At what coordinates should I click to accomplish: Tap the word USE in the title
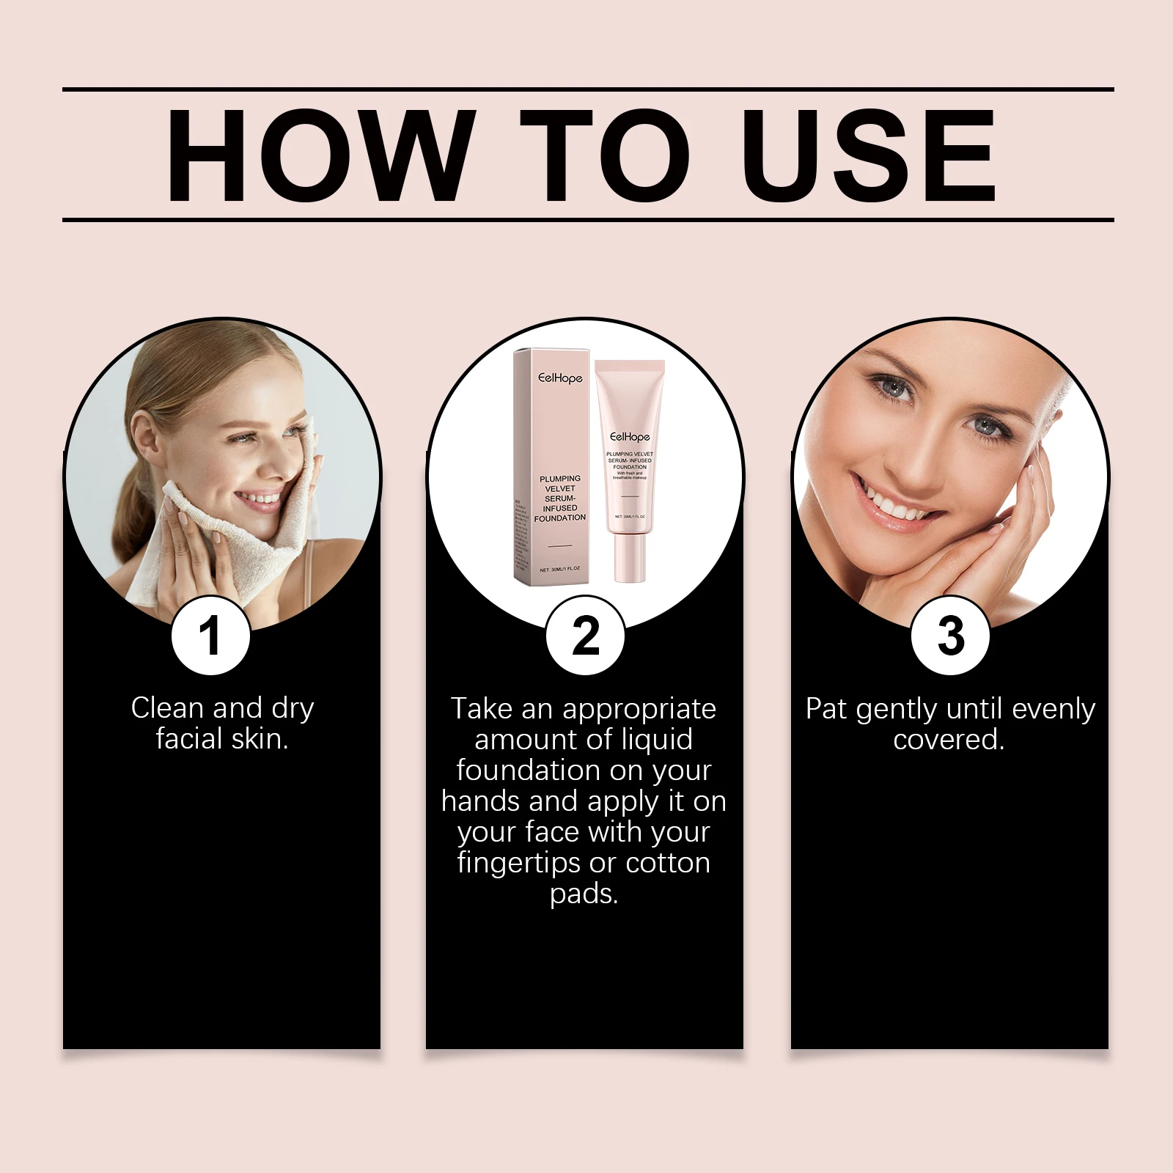tap(868, 155)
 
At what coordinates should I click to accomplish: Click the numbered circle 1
tap(210, 636)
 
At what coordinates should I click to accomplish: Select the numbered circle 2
tap(585, 636)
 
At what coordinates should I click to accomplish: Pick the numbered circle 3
tap(950, 636)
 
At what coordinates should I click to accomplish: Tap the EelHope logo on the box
tap(560, 378)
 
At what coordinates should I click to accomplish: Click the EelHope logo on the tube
tap(630, 437)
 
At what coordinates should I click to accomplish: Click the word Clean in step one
tap(167, 708)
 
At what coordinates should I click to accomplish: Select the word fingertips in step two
tap(519, 863)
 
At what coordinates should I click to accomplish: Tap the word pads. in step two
tap(584, 894)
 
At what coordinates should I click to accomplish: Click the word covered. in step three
tap(949, 739)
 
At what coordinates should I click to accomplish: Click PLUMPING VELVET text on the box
tap(560, 483)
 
